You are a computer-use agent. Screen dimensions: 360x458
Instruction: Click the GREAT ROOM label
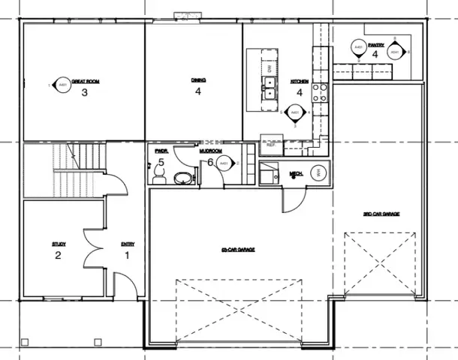[x=86, y=81]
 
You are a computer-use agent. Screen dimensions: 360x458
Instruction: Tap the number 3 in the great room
[x=85, y=92]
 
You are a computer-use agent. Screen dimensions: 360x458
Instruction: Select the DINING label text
[x=198, y=80]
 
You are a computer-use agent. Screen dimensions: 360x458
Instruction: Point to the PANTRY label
[x=375, y=45]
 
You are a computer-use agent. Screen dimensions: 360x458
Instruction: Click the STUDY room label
[x=59, y=244]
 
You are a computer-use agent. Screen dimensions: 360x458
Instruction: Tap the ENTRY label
[x=127, y=244]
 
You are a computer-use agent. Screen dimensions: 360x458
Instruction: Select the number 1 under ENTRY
[x=127, y=255]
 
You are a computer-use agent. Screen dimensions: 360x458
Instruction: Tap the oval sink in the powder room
[x=182, y=178]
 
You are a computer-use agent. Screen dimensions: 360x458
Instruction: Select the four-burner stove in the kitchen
[x=320, y=91]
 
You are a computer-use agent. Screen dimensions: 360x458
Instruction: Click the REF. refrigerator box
[x=270, y=145]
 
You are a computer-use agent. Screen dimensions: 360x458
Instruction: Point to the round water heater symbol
[x=318, y=172]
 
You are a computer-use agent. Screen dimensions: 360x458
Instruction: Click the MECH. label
[x=296, y=175]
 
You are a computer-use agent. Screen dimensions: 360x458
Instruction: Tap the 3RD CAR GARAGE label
[x=381, y=214]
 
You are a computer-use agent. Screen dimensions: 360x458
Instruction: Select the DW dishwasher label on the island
[x=269, y=67]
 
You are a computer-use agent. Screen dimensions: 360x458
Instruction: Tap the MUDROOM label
[x=209, y=151]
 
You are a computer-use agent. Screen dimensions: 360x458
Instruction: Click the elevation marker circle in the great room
[x=62, y=86]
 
